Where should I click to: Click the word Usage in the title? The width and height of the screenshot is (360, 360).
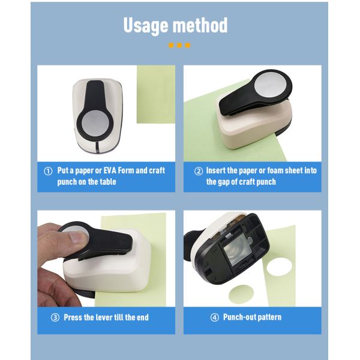click(146, 26)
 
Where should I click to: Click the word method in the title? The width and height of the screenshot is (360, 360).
click(200, 25)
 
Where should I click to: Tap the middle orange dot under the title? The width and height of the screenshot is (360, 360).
click(179, 45)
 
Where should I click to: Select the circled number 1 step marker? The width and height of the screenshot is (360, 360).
click(48, 171)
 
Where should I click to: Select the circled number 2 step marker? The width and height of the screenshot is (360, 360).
click(199, 171)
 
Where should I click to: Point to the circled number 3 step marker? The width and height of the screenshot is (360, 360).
click(55, 317)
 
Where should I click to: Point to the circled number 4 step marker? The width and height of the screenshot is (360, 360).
click(215, 317)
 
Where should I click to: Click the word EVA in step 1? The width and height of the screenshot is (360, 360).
click(110, 170)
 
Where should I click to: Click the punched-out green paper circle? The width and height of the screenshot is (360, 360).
click(241, 293)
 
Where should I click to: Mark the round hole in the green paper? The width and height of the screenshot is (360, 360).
click(279, 267)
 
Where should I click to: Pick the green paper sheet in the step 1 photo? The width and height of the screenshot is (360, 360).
click(156, 94)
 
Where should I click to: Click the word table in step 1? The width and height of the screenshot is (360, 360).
click(107, 182)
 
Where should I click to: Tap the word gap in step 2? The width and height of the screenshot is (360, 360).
click(223, 182)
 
